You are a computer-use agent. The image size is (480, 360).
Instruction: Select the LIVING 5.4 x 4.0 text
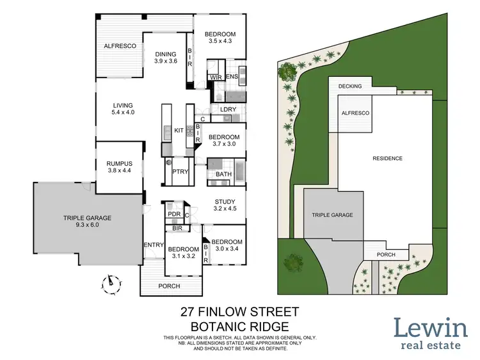coord(122,109)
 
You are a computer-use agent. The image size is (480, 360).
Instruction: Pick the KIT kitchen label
coord(179,131)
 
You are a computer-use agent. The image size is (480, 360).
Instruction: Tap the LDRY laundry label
coord(228,110)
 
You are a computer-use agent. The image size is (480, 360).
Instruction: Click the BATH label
coord(223,174)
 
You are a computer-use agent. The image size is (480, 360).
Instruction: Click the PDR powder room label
coord(173,215)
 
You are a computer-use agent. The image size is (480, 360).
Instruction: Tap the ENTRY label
coord(153,244)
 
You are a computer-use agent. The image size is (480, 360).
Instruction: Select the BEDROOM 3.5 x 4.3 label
coord(220,38)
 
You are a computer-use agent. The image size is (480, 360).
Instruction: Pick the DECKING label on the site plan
coord(350,86)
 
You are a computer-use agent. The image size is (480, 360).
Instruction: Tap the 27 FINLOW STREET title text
coord(239,313)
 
